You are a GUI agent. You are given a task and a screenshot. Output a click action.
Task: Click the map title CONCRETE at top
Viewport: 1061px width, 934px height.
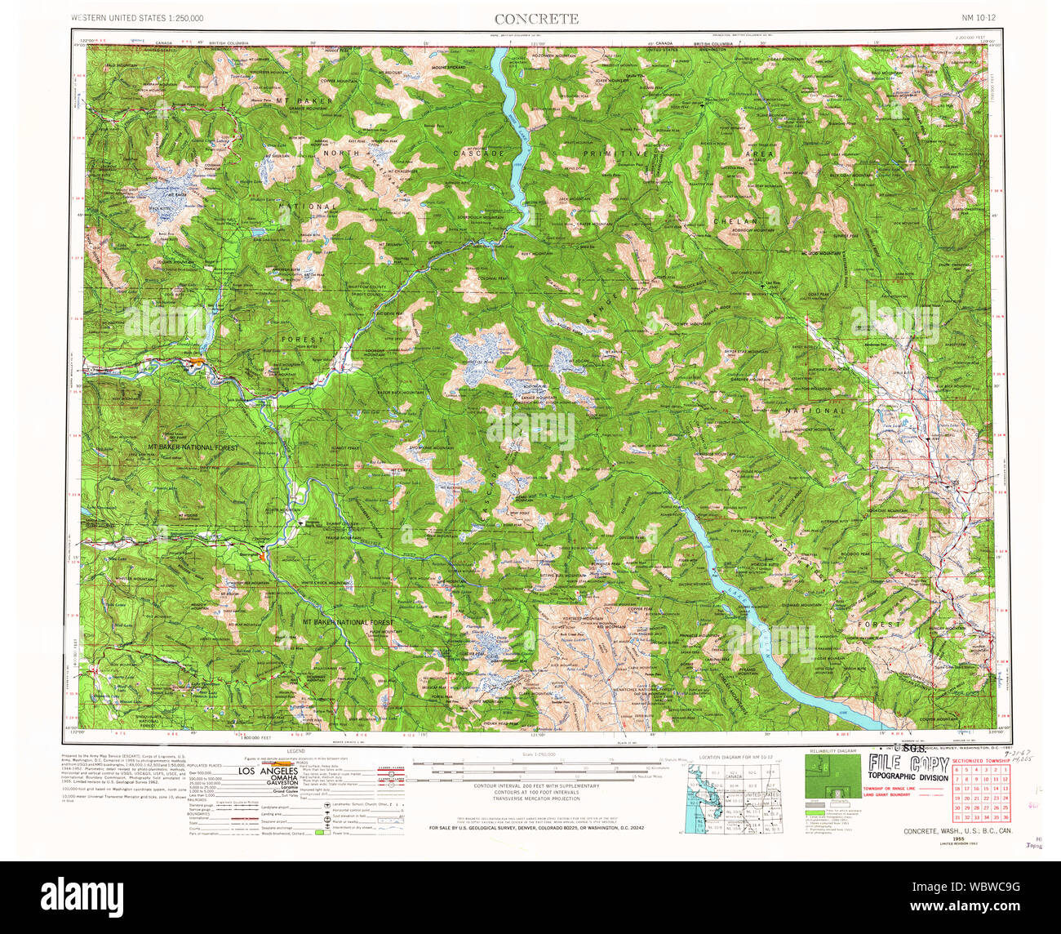click(536, 19)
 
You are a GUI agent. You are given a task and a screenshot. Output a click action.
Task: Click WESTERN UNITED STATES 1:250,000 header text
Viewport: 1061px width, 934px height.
click(137, 18)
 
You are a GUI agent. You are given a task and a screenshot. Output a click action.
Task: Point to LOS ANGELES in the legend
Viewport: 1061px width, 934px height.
click(268, 772)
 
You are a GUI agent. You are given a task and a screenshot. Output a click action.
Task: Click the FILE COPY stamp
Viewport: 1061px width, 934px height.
click(908, 765)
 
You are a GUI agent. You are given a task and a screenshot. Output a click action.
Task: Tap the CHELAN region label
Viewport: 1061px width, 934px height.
click(735, 221)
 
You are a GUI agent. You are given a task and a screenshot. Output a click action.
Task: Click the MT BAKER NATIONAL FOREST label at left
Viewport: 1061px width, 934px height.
click(193, 447)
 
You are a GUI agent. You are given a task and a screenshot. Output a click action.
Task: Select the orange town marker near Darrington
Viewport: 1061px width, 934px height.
click(261, 556)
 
